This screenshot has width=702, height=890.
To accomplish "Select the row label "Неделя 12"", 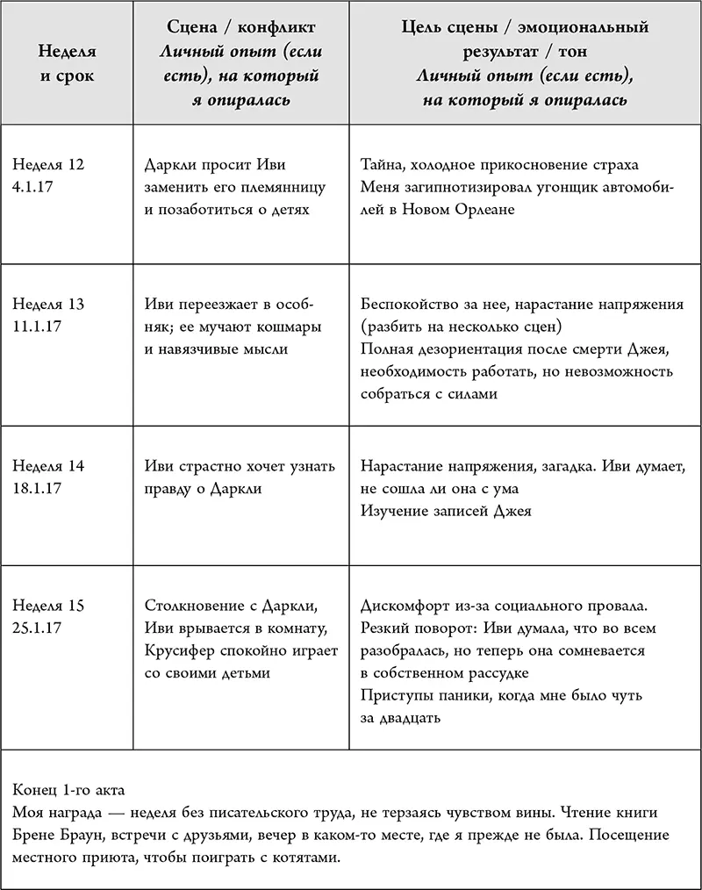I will pos(48,164).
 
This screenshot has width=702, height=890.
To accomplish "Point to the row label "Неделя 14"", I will pos(48,466).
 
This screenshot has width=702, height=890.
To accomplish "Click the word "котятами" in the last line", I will pos(303,858).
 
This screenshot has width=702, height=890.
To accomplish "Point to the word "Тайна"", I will pos(383,164).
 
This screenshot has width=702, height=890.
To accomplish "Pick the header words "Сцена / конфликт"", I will pos(241,28).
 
